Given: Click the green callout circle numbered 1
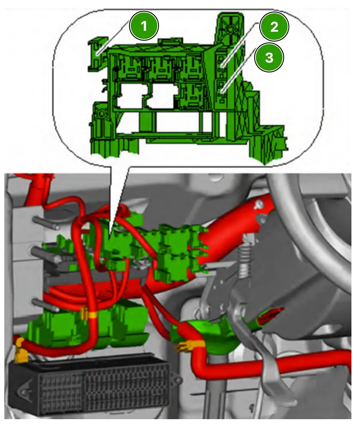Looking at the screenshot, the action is [x=144, y=26].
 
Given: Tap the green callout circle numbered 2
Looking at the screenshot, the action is [x=274, y=27].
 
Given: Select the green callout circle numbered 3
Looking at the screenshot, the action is [x=269, y=57].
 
